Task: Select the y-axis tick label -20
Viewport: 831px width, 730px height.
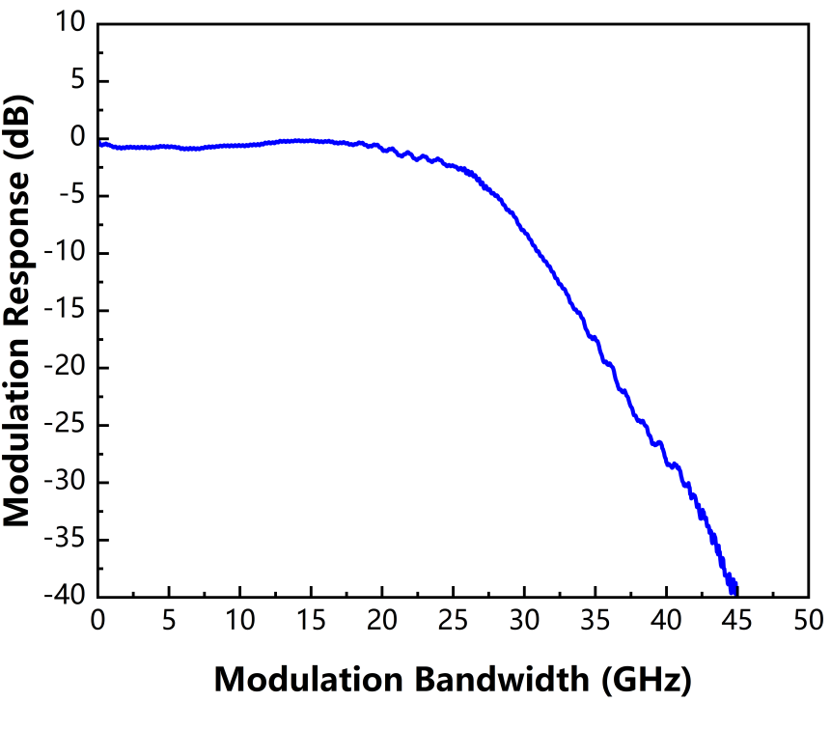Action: pos(68,367)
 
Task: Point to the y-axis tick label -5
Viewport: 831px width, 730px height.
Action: pos(73,196)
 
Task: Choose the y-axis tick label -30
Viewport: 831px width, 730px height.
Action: pos(68,482)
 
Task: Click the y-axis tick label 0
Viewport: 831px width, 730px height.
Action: pos(80,138)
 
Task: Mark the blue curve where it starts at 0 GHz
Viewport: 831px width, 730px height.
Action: pos(100,143)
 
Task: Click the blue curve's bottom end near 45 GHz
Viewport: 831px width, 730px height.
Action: pos(734,589)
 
